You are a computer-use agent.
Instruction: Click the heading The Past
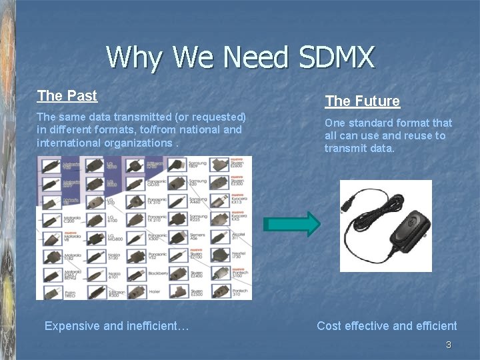click(x=67, y=96)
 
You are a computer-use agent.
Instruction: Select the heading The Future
click(x=362, y=101)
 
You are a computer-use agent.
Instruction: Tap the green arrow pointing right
click(x=291, y=225)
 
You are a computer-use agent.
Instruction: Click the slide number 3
click(x=448, y=345)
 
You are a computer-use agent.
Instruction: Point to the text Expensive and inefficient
click(x=117, y=326)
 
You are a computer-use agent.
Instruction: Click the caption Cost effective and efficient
click(x=387, y=326)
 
